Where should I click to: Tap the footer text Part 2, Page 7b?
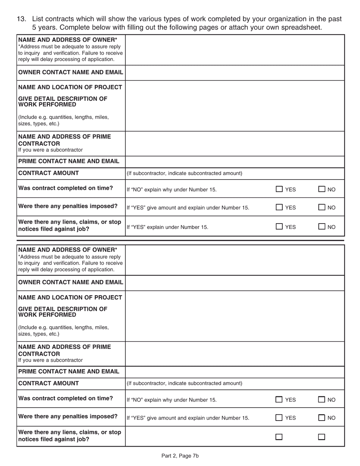coord(180,456)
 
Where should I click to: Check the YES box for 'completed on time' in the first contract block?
coord(279,189)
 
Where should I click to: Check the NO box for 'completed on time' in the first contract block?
coord(321,189)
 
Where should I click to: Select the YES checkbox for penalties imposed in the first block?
coord(279,207)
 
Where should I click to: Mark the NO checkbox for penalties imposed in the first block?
coord(321,207)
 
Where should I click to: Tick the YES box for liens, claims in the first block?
coord(279,227)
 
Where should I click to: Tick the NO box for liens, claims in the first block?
coord(321,227)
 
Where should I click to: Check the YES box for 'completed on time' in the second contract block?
coord(279,399)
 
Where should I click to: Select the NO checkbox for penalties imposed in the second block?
coord(321,418)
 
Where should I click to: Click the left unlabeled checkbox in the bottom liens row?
coord(279,437)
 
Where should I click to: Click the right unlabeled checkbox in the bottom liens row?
coord(321,437)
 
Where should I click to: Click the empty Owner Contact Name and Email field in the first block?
coord(235,72)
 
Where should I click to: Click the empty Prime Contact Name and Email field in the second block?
coord(235,372)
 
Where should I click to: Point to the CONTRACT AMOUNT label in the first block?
coord(49,173)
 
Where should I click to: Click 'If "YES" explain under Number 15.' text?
coord(167,227)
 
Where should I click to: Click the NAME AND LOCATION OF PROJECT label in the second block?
coord(70,297)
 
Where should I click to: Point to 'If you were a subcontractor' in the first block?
coord(50,150)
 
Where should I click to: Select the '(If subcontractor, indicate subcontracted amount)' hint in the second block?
coord(184,383)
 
